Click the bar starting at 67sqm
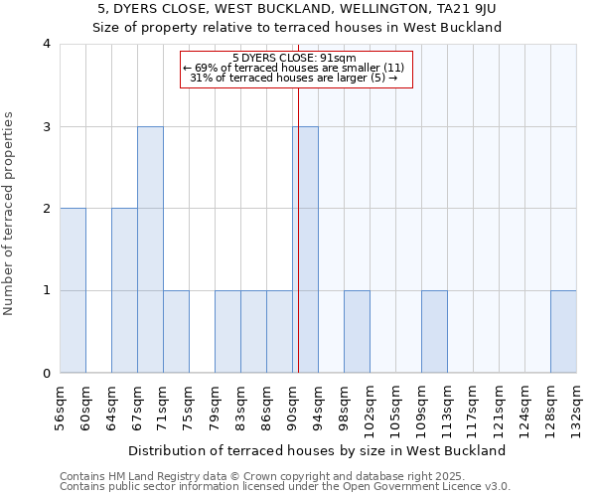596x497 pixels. pos(150,249)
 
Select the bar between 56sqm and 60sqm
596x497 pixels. pos(73,290)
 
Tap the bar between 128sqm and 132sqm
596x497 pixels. pos(563,332)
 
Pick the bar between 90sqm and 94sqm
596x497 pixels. pos(305,249)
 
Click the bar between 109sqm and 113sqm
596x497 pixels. pos(434,332)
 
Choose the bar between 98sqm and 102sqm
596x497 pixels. pos(357,332)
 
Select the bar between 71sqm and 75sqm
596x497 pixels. pos(176,332)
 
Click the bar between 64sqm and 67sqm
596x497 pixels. pos(124,290)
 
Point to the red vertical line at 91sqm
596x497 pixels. pos(298,229)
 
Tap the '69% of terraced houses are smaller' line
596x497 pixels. pos(295,68)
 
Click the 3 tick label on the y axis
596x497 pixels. pos(47,126)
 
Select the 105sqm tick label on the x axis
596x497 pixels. pos(395,407)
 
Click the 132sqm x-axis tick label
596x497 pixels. pos(576,407)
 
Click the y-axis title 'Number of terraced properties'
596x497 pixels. pos(10,213)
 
